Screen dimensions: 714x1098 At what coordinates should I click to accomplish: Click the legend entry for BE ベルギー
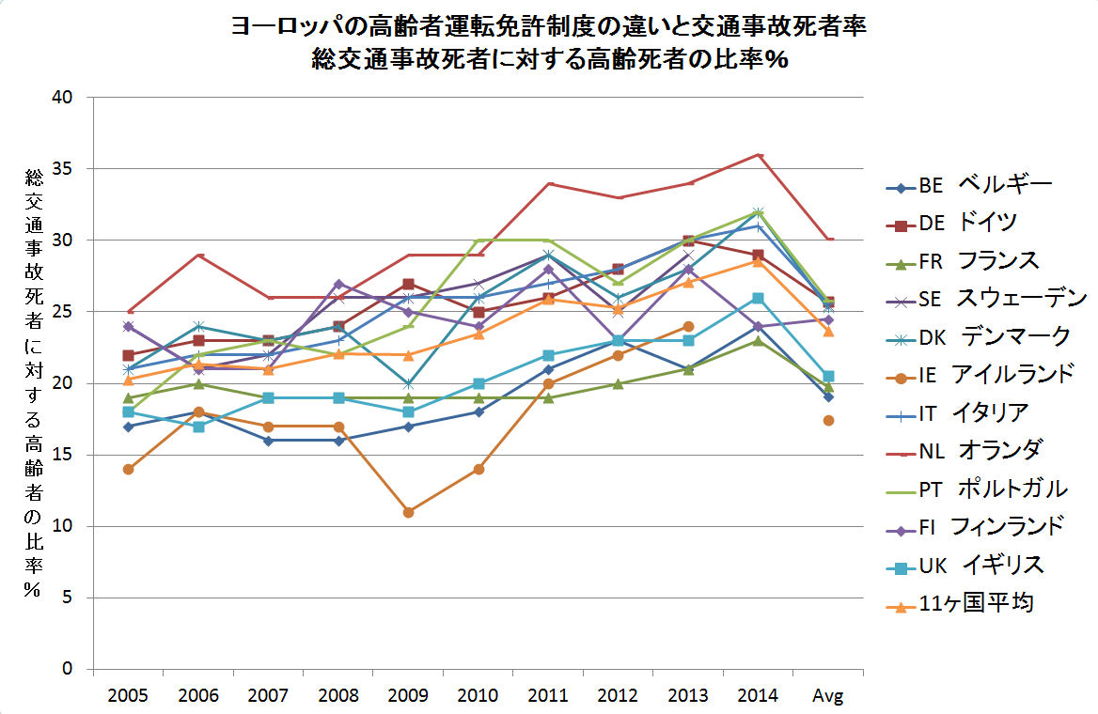click(968, 185)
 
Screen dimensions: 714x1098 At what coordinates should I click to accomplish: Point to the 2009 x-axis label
click(408, 696)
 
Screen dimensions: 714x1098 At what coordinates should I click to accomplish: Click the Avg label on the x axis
click(828, 696)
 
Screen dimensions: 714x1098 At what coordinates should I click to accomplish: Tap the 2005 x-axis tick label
click(128, 696)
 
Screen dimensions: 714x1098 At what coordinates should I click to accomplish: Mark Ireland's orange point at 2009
click(408, 512)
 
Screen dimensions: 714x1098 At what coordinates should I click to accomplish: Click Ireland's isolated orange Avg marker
click(828, 420)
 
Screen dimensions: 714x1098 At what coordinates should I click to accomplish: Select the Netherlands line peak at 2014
click(759, 155)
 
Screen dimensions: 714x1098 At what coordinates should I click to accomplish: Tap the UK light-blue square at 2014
click(759, 298)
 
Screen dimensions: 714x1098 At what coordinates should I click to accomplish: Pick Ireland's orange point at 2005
click(128, 469)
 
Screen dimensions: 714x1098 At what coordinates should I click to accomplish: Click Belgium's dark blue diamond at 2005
click(128, 427)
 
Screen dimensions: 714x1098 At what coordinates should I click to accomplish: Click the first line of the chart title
click(548, 27)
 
